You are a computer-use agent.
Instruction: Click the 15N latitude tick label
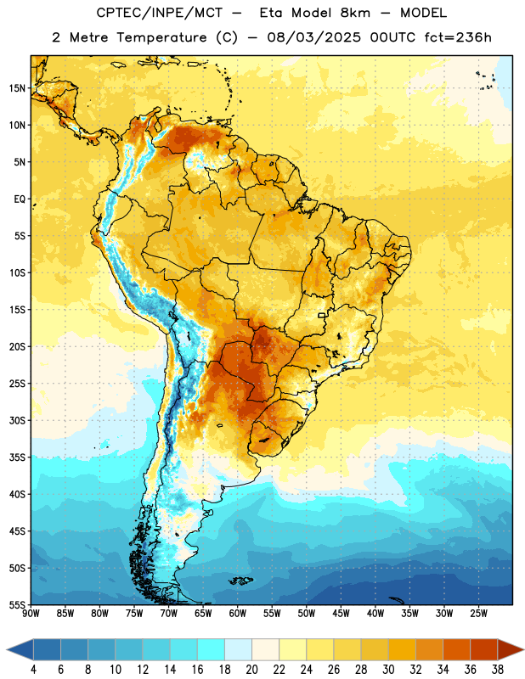point(17,88)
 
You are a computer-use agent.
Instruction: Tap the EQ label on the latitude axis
point(20,199)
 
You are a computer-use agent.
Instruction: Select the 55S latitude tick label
point(17,604)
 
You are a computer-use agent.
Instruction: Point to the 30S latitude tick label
point(17,420)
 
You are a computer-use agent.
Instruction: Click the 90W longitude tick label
point(31,614)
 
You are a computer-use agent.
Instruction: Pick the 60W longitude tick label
point(238,614)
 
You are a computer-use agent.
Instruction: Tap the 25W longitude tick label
point(478,614)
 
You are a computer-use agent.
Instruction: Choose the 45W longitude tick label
point(341,614)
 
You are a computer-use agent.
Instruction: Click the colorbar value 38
point(497,670)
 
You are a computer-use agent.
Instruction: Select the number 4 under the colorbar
point(33,670)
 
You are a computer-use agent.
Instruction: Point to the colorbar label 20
point(251,670)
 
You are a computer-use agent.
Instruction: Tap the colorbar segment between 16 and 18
point(212,649)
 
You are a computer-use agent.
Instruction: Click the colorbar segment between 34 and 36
point(456,649)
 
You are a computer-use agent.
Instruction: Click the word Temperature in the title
point(161,37)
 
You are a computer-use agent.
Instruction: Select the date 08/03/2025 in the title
point(313,37)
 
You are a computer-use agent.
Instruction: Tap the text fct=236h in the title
point(458,37)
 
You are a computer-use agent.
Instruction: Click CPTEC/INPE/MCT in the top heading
point(160,13)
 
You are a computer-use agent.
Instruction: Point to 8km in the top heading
point(355,13)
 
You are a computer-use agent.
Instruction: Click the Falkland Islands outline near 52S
point(240,581)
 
